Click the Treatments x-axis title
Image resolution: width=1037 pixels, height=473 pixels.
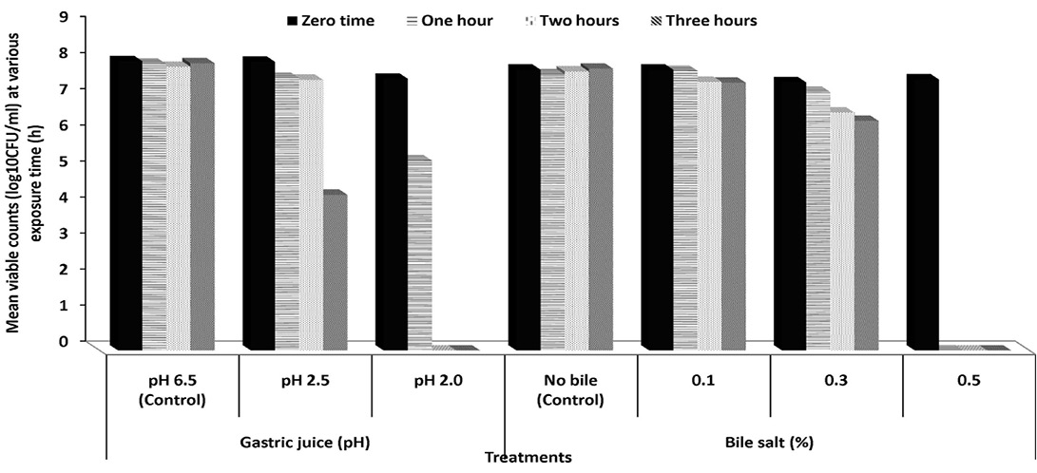point(528,457)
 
